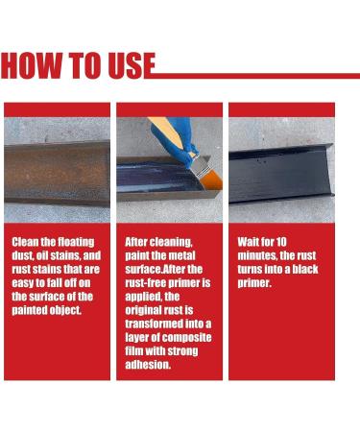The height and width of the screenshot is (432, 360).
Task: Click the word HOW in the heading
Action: pos(32,65)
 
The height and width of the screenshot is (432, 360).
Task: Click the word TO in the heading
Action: pos(85,65)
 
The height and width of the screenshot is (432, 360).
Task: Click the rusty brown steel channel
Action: pos(57,173)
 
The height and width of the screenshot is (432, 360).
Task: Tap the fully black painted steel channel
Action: pos(281,174)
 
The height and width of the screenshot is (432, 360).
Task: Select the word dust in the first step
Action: pos(21,255)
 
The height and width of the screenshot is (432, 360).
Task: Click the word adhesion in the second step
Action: pos(148,365)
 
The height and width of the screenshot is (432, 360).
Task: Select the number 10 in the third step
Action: pos(281,242)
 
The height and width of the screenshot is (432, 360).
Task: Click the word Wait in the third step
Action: pos(249,242)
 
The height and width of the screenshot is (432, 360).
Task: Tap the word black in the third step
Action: pos(305,269)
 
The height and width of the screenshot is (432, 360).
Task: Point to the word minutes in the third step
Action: pos(257,255)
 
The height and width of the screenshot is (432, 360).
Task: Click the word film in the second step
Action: pos(134,351)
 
